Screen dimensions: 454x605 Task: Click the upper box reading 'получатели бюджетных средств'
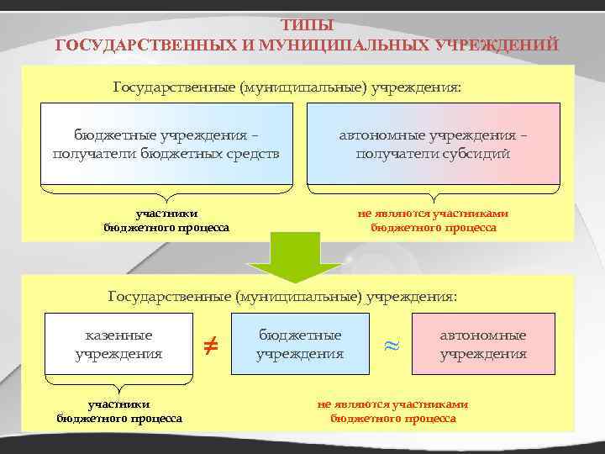166,144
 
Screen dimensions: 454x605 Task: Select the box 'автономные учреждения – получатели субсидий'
433,144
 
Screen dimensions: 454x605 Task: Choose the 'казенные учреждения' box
118,344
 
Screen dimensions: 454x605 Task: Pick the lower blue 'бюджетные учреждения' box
300,344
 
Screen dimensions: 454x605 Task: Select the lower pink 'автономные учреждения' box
483,344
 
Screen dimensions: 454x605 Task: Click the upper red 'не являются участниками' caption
433,220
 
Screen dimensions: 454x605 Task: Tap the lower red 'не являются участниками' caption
392,410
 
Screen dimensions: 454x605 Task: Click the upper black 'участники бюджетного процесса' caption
166,220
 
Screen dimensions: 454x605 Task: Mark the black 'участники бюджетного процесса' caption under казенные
119,410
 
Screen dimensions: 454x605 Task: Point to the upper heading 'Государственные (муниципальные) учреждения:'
287,88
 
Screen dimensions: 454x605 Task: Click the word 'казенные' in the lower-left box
118,335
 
